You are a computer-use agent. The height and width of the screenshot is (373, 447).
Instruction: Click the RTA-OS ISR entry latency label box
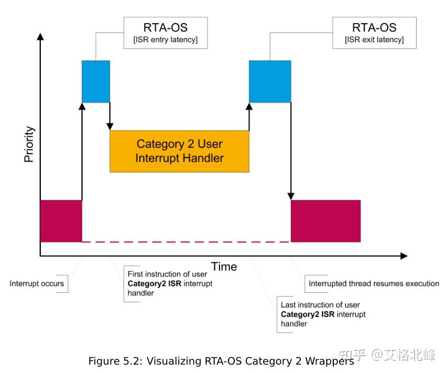pyautogui.click(x=165, y=33)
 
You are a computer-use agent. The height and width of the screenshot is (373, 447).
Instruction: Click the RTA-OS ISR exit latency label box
pyautogui.click(x=374, y=33)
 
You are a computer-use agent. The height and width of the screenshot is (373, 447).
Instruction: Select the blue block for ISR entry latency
pyautogui.click(x=96, y=81)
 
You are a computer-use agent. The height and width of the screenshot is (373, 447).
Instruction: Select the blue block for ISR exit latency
pyautogui.click(x=269, y=81)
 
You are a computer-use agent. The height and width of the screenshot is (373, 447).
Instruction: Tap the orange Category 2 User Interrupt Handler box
pyautogui.click(x=179, y=151)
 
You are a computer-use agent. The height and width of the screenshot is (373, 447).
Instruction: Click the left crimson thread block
pyautogui.click(x=61, y=221)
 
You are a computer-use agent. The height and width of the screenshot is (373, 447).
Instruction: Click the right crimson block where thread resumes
pyautogui.click(x=325, y=221)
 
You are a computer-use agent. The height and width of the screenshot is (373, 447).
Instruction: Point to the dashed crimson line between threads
pyautogui.click(x=186, y=242)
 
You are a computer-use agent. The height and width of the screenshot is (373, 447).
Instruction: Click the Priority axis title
pyautogui.click(x=29, y=144)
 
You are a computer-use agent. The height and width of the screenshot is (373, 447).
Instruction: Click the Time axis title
pyautogui.click(x=224, y=267)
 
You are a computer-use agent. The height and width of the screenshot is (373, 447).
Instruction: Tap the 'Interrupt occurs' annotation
pyautogui.click(x=37, y=284)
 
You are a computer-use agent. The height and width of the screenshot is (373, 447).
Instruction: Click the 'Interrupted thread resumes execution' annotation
pyautogui.click(x=374, y=284)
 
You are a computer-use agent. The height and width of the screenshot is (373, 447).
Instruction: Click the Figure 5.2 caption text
pyautogui.click(x=220, y=361)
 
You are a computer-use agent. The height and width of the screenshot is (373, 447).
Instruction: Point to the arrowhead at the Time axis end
pyautogui.click(x=404, y=256)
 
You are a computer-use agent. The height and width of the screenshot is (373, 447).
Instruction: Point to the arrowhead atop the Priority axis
pyautogui.click(x=40, y=37)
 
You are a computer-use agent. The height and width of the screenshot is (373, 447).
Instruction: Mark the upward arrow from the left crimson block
pyautogui.click(x=82, y=152)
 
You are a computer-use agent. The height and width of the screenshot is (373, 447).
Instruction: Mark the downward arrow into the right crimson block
pyautogui.click(x=291, y=152)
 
